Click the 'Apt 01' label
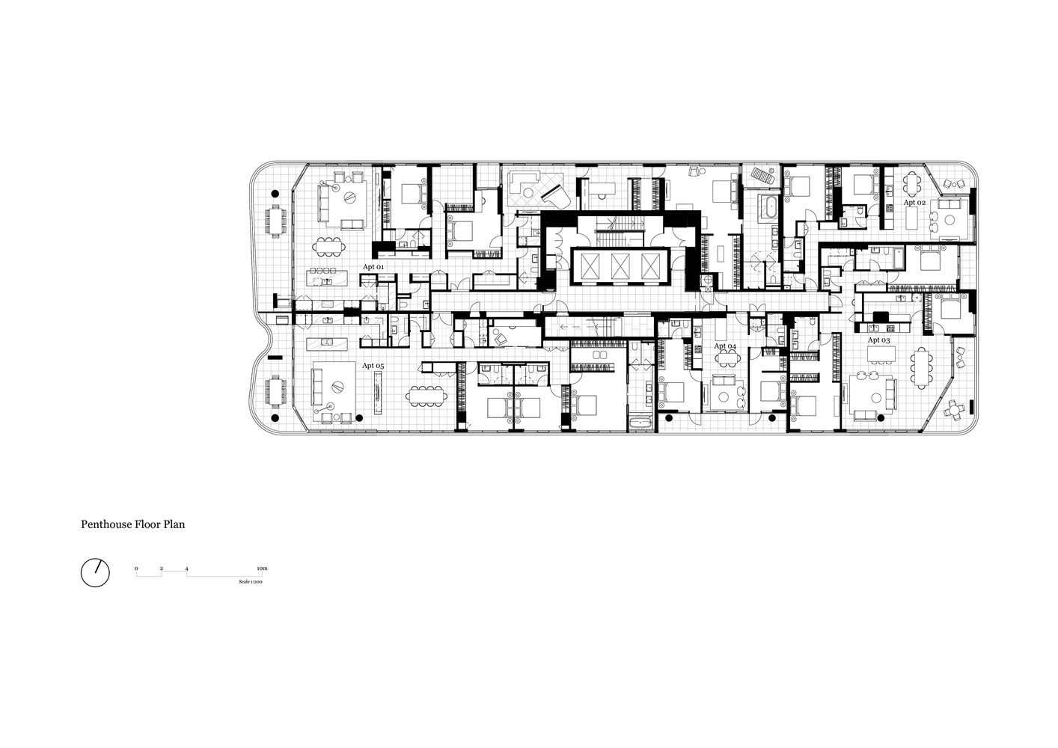click(x=373, y=267)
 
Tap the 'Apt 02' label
click(x=914, y=203)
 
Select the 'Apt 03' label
click(x=878, y=340)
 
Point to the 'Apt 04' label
click(x=725, y=346)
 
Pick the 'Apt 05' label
click(x=373, y=366)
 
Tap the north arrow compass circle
click(x=95, y=573)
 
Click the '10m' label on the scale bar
click(x=262, y=568)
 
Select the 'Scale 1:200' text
click(x=251, y=582)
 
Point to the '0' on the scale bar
click(x=136, y=568)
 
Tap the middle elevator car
click(x=620, y=267)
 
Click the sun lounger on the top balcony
click(x=762, y=176)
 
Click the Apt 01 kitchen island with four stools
click(x=327, y=278)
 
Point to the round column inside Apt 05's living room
click(x=359, y=418)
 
